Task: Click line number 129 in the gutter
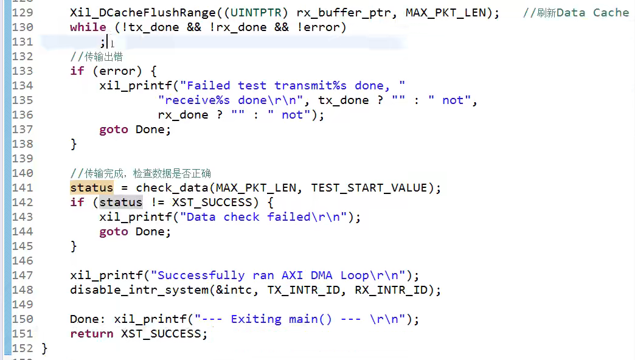coord(23,13)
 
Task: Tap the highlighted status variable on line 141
coord(91,188)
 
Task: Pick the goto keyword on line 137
coord(114,130)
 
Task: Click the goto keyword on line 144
coord(114,232)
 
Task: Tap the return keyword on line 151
coord(91,334)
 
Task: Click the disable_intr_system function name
coord(139,290)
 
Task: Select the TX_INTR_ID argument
coord(304,290)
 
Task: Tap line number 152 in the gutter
coord(23,348)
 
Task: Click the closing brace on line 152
coord(44,348)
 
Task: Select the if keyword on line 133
coord(77,71)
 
